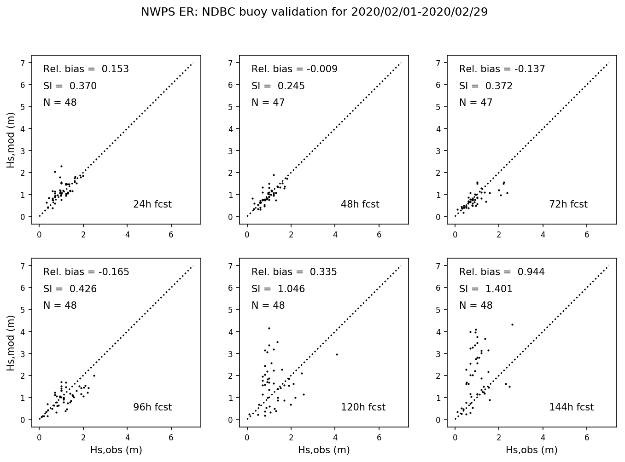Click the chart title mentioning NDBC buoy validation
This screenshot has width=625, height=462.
coord(314,12)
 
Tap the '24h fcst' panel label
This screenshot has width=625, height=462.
coord(152,204)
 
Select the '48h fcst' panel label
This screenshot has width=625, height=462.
coord(360,204)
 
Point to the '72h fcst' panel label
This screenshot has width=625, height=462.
coord(568,204)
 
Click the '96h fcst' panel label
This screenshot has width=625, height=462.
coord(152,407)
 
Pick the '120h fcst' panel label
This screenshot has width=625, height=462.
coord(363,407)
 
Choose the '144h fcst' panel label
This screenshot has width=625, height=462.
coord(571,407)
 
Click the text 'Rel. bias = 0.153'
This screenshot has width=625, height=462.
coord(86,69)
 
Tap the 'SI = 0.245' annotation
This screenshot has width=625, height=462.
coord(278,86)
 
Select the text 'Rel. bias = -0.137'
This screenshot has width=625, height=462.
coord(502,69)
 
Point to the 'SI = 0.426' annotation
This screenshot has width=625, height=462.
coord(70,289)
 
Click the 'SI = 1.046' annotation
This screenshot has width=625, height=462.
coord(278,289)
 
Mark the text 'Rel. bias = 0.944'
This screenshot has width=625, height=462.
coord(502,272)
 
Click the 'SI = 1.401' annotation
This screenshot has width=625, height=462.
coord(486,289)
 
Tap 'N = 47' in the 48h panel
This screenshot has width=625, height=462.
coord(268,103)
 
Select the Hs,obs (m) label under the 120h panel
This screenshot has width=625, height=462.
coord(324,450)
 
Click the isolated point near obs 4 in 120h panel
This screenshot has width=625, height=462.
coord(337,354)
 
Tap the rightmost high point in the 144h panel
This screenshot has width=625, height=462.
coord(512,324)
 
